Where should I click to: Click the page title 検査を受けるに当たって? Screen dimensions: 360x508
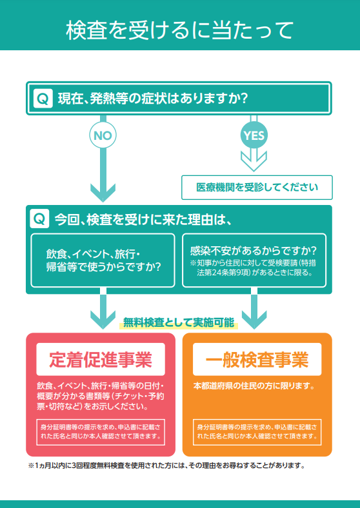[179, 31]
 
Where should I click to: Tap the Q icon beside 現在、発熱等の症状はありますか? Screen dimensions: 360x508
[43, 99]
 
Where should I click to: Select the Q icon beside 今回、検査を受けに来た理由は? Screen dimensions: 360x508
[39, 219]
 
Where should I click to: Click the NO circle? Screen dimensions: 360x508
[103, 135]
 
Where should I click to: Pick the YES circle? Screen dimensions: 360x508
[254, 135]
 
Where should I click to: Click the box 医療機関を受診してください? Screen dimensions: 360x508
[257, 187]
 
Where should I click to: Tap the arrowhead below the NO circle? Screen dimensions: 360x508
[103, 193]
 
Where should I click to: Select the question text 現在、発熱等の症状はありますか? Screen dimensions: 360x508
[153, 99]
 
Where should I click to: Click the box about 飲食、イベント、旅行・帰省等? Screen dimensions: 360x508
[103, 260]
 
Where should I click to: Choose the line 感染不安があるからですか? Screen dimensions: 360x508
[254, 250]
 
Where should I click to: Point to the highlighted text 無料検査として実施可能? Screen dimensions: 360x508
[178, 323]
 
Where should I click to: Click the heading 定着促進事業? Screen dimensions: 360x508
[101, 359]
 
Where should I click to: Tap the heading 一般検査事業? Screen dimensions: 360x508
[257, 359]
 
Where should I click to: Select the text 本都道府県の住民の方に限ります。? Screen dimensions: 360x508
[255, 387]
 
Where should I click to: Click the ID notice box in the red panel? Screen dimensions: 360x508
[101, 432]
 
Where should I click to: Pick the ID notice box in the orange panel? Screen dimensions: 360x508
[257, 432]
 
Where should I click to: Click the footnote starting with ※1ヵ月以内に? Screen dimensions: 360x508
[166, 466]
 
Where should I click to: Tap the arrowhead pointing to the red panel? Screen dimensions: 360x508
[103, 320]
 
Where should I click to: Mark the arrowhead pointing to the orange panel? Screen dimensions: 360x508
[254, 320]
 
